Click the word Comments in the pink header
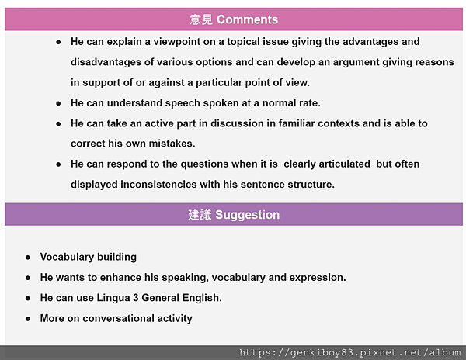(247, 19)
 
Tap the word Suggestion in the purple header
(247, 215)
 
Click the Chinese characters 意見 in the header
(201, 19)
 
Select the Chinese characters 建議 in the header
(200, 215)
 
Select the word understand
(134, 103)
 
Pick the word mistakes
(172, 144)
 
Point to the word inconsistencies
(158, 185)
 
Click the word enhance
(120, 278)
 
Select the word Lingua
(113, 298)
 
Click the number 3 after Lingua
(136, 298)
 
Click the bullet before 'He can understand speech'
(58, 104)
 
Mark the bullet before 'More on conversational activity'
(28, 319)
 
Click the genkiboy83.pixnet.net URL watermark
(350, 352)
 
